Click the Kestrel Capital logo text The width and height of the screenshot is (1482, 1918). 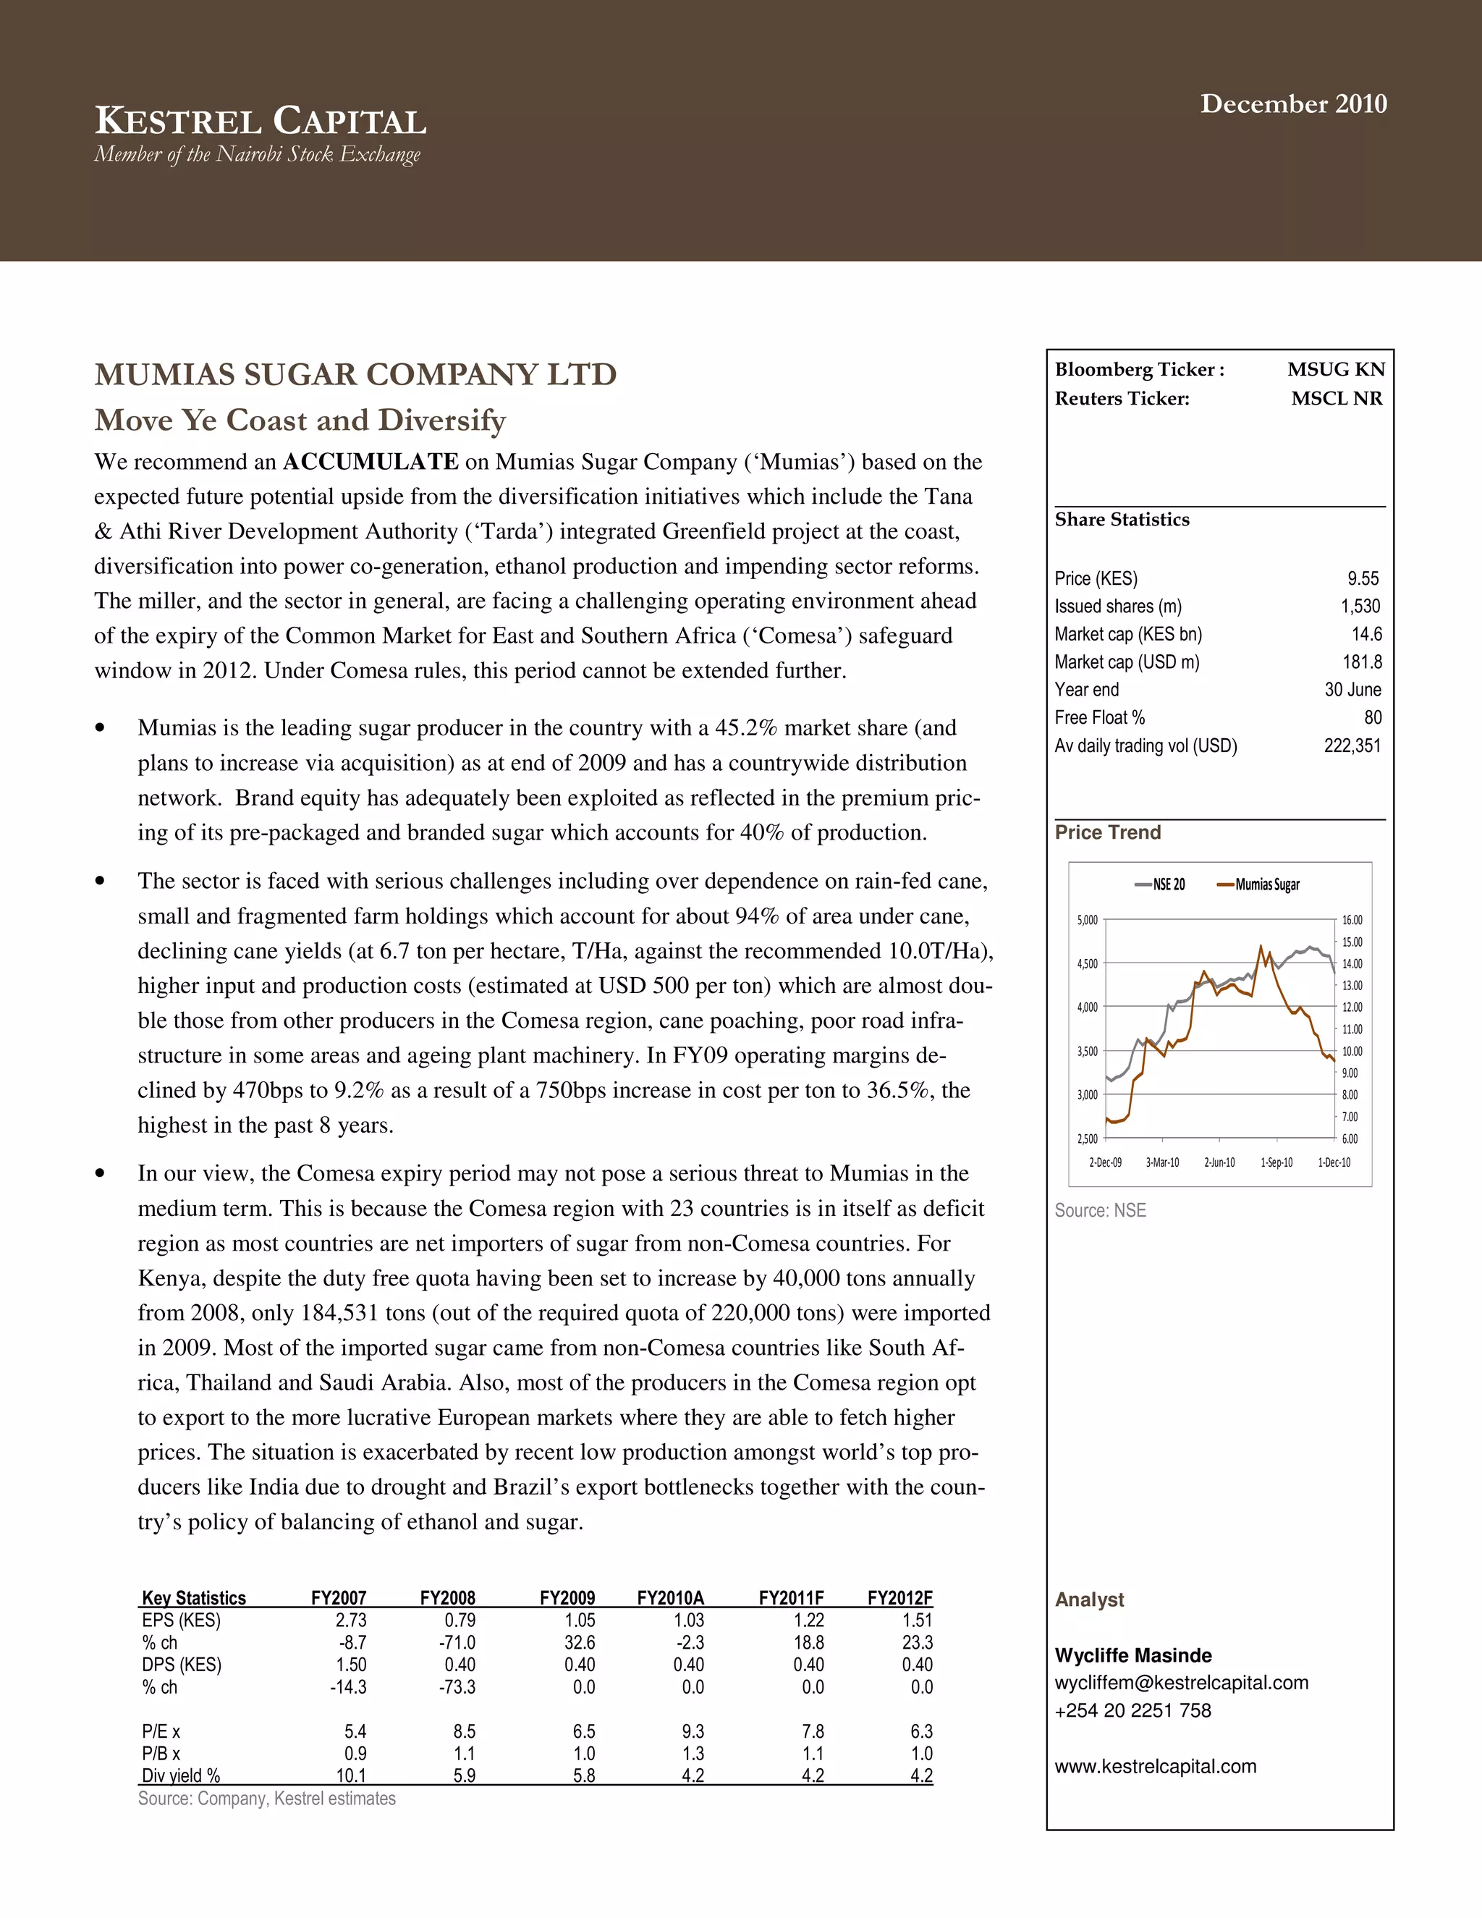[x=261, y=121]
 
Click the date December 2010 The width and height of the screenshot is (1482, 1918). [x=1293, y=103]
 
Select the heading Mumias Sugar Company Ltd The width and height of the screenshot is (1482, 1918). [x=355, y=374]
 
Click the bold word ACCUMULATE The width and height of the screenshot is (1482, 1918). [x=370, y=462]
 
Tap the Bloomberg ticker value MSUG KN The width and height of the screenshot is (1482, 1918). [x=1335, y=370]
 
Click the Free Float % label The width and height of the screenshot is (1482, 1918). [x=1099, y=717]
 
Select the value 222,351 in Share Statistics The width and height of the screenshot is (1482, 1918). [x=1352, y=745]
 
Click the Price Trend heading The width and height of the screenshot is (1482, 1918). [x=1107, y=832]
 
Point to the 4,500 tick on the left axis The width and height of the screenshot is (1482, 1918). [x=1087, y=963]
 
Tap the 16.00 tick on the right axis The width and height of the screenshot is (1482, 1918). [x=1352, y=921]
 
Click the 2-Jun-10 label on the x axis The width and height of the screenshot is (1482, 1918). [x=1219, y=1162]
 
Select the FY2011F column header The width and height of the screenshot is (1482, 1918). [x=791, y=1597]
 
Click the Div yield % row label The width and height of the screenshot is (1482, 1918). [x=181, y=1775]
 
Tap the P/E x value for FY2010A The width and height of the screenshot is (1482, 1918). [x=693, y=1731]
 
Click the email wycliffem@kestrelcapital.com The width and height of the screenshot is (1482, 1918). [x=1181, y=1683]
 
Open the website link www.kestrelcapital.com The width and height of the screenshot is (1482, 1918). [x=1156, y=1766]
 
